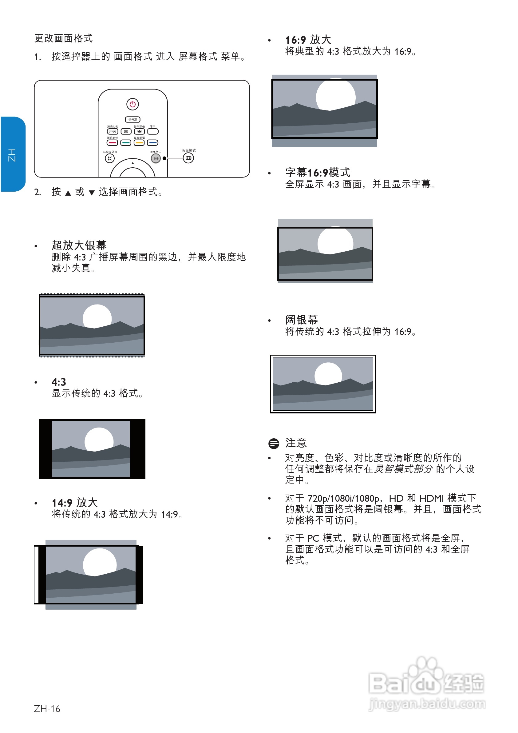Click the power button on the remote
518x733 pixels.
[132, 104]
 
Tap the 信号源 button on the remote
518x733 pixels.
[132, 120]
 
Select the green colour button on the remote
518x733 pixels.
[126, 143]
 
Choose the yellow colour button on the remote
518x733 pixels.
[139, 143]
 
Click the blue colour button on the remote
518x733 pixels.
[152, 143]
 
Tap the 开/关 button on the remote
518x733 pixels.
[112, 131]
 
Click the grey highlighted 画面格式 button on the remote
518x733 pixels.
[156, 158]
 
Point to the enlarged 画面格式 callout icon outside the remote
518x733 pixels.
[188, 158]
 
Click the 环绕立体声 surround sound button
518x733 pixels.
[110, 158]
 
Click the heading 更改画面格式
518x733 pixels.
[64, 38]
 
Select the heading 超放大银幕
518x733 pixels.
[79, 245]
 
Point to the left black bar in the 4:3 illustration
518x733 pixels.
[45, 448]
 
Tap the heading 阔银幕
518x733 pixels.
[302, 320]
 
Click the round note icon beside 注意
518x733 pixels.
[274, 444]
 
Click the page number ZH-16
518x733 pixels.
[47, 709]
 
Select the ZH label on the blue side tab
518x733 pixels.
[12, 155]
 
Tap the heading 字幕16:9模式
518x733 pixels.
[318, 172]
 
